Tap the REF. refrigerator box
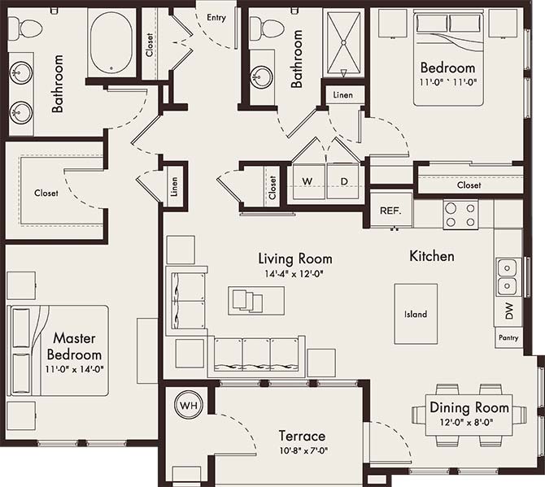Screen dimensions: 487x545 click(390, 210)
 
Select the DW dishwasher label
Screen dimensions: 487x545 click(508, 311)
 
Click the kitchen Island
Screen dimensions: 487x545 click(415, 314)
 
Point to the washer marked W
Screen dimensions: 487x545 click(307, 180)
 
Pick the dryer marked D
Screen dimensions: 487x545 click(343, 180)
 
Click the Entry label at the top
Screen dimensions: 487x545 click(217, 18)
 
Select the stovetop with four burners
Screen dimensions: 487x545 click(460, 214)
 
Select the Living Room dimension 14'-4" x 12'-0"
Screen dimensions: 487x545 click(294, 274)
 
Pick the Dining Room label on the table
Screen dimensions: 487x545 click(469, 407)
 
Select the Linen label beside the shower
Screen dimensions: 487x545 click(343, 95)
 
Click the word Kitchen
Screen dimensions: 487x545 click(431, 256)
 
